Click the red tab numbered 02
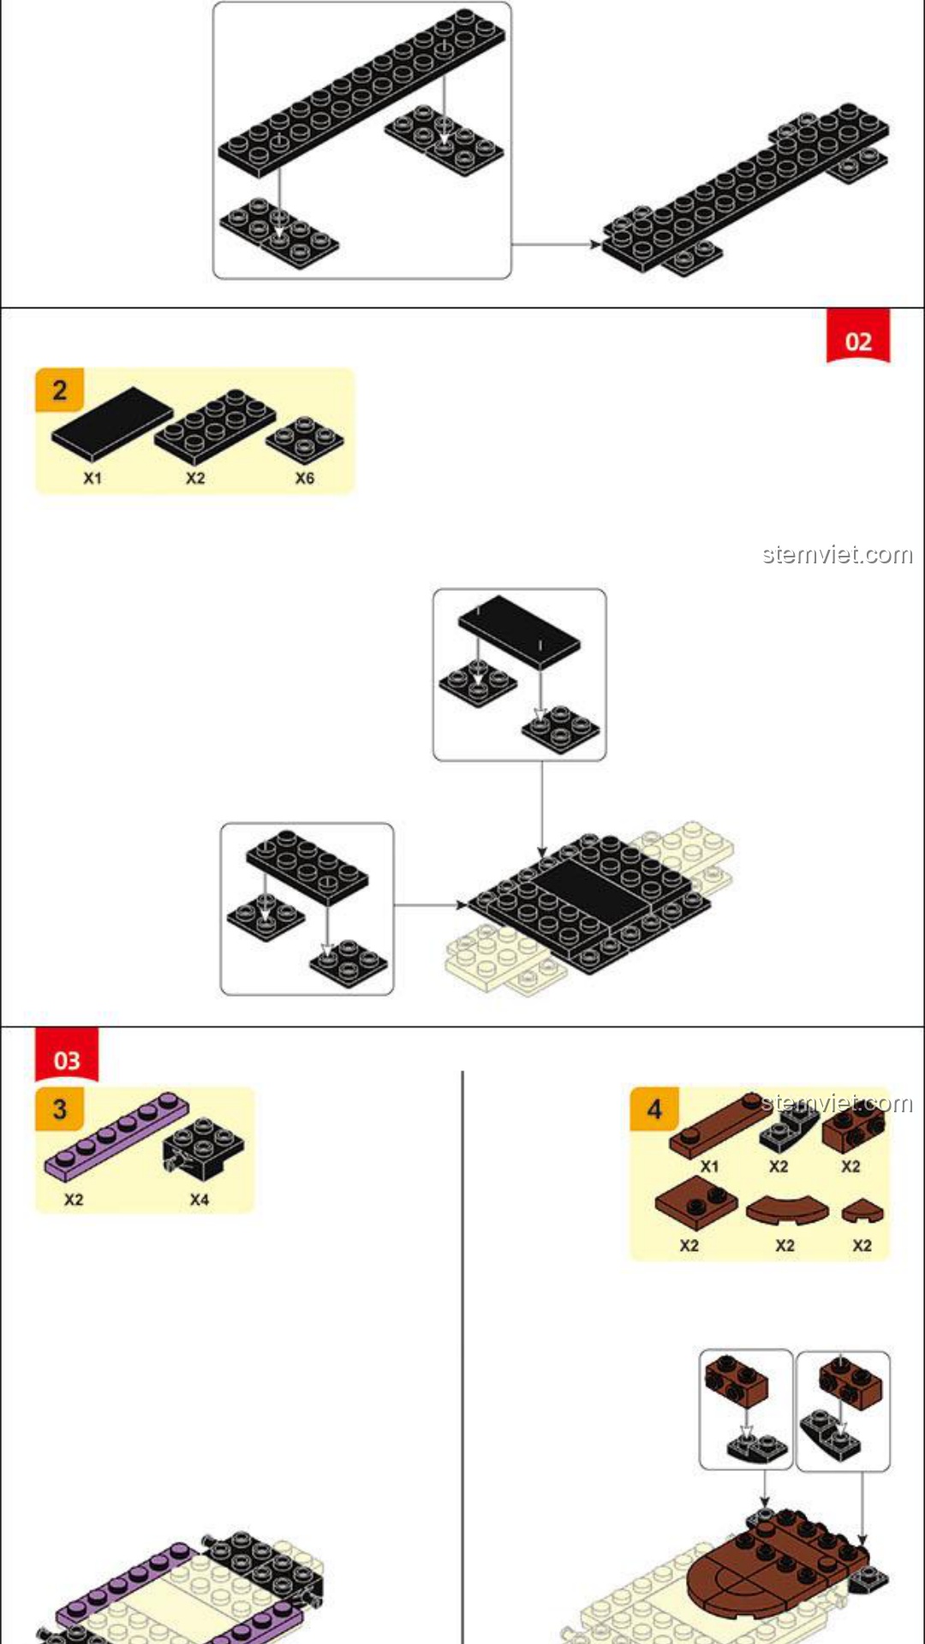click(x=858, y=337)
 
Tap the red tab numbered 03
click(x=67, y=1056)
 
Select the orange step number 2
click(x=59, y=390)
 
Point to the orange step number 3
click(x=59, y=1110)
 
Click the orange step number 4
click(x=654, y=1110)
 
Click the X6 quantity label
click(x=305, y=478)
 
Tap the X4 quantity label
click(x=200, y=1200)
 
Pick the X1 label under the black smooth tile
click(x=92, y=478)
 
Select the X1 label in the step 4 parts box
click(x=710, y=1166)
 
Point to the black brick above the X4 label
click(x=203, y=1147)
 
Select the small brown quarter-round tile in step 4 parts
click(x=862, y=1212)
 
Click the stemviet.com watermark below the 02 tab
click(x=838, y=555)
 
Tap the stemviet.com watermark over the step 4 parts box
click(x=838, y=1103)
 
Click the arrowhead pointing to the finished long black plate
click(x=595, y=244)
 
